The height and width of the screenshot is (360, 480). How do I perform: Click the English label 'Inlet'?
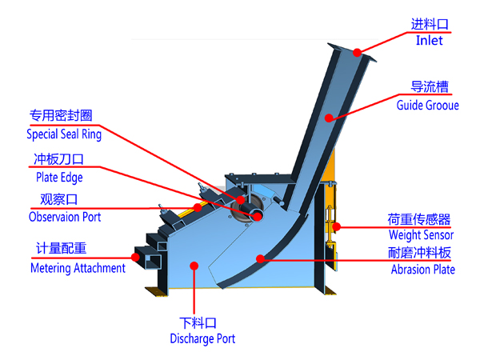pyautogui.click(x=429, y=41)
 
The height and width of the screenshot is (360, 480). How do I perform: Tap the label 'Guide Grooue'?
pyautogui.click(x=427, y=105)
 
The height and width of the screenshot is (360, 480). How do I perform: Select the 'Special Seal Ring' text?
pyautogui.click(x=66, y=134)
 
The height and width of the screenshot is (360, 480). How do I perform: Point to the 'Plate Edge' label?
pyautogui.click(x=59, y=178)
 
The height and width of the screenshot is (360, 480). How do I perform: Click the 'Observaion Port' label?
pyautogui.click(x=65, y=217)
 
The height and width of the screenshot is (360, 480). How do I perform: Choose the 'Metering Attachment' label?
pyautogui.click(x=78, y=268)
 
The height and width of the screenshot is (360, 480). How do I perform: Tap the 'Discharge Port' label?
pyautogui.click(x=202, y=338)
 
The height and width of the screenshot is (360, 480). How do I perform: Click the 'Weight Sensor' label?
pyautogui.click(x=421, y=235)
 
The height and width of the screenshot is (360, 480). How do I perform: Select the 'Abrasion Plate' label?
pyautogui.click(x=422, y=270)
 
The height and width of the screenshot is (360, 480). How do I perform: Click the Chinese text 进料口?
pyautogui.click(x=430, y=24)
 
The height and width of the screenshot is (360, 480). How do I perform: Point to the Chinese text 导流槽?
pyautogui.click(x=429, y=87)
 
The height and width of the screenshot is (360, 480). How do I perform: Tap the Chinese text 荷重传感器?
pyautogui.click(x=419, y=219)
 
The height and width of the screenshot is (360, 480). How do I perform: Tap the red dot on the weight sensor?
pyautogui.click(x=337, y=227)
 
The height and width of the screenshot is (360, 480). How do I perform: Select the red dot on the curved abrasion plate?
pyautogui.click(x=259, y=258)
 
